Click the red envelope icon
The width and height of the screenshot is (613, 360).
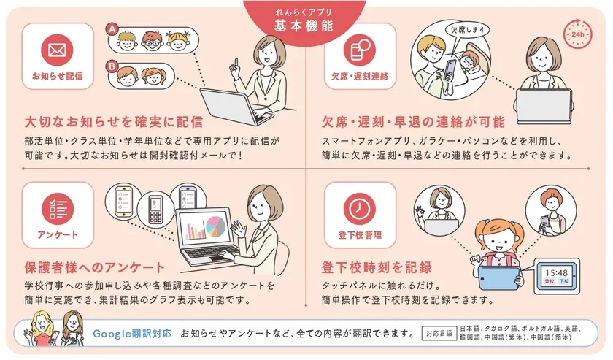pos(58,50)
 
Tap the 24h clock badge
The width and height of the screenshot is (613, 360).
pos(577,34)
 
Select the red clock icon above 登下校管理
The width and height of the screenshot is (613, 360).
pos(360,208)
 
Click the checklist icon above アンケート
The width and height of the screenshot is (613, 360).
pos(58,208)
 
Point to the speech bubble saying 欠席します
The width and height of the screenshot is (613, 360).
pos(468,30)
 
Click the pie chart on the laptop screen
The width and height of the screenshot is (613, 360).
pos(216,226)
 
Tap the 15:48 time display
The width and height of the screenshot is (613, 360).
pos(557,273)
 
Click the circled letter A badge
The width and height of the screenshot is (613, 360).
pos(112,29)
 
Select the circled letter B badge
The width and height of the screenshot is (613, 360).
pos(112,66)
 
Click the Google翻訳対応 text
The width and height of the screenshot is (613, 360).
pos(132,334)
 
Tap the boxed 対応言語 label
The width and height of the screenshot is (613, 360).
pos(439,334)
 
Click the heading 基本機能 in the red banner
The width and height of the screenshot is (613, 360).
pos(304,26)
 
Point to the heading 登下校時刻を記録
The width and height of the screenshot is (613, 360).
pos(377,267)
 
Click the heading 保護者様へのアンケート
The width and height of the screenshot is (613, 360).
pos(95,268)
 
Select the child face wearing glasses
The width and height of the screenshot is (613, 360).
pos(152,40)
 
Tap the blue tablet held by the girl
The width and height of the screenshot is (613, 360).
pos(499,277)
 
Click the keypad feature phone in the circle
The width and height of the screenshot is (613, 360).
pos(155,210)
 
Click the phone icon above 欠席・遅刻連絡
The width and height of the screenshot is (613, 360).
pos(360,50)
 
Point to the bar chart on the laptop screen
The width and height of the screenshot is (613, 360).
pos(196,229)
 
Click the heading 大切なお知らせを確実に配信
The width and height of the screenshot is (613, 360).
pos(114,122)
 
